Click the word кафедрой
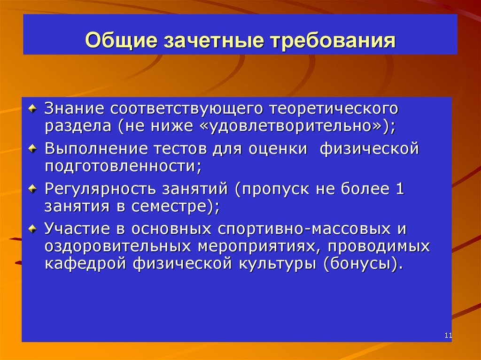click(x=88, y=263)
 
